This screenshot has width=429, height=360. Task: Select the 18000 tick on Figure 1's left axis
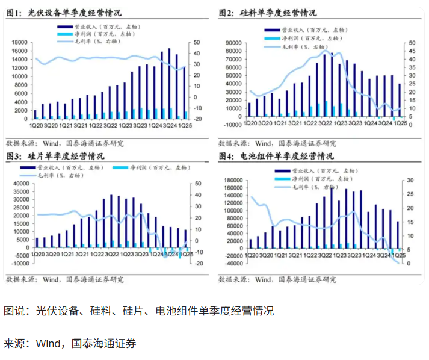[21, 42]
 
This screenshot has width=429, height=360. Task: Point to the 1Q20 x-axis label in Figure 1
[37, 125]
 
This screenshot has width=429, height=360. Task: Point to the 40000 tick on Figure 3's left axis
[21, 184]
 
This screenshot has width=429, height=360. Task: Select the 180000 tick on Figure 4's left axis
[232, 180]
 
